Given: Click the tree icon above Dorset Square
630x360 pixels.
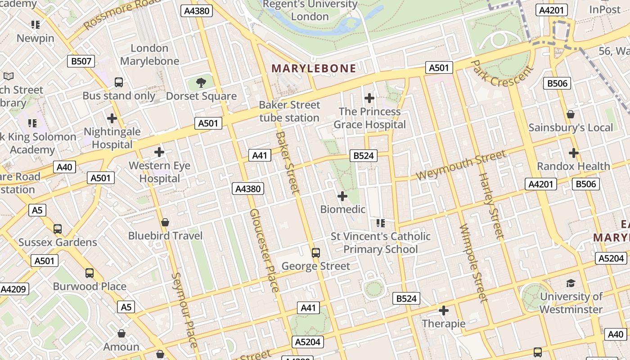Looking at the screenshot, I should tap(201, 82).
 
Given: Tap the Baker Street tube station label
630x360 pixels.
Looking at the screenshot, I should tap(289, 112).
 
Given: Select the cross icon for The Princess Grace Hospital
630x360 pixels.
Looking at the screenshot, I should tap(369, 98).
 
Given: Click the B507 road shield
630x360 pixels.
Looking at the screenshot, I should tap(81, 61).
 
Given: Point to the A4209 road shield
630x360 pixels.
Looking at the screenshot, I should tap(13, 289).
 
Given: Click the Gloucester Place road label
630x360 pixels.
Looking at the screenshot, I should tap(265, 250).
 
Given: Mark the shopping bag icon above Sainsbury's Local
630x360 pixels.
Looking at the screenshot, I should tap(571, 114).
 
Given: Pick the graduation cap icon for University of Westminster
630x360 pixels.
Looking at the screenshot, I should tap(571, 283).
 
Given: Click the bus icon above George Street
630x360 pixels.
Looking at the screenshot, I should tap(316, 252).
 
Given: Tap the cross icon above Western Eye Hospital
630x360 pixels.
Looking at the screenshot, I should tap(159, 152).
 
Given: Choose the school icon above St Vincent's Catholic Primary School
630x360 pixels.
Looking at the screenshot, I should tap(381, 223).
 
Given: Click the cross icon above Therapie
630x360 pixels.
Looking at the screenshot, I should tap(444, 310).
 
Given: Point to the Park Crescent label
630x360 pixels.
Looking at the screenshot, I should tap(502, 74).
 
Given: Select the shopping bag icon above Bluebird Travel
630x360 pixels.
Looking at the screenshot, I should tap(165, 222).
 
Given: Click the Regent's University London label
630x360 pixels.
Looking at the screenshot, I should tap(310, 10).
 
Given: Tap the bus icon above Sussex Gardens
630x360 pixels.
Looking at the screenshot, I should tap(58, 229).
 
